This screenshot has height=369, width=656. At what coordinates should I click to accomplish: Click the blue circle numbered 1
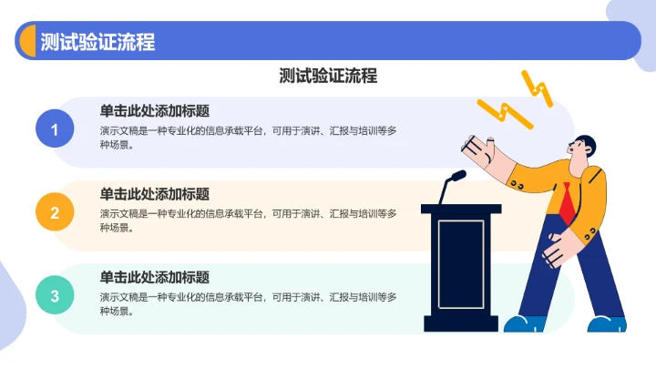tap(55, 129)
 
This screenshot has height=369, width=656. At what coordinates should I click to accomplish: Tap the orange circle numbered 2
tap(55, 213)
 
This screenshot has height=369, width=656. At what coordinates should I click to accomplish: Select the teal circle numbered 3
tap(55, 295)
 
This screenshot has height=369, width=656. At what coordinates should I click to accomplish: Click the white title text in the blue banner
tap(97, 41)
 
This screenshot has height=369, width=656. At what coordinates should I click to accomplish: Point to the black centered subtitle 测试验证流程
tap(328, 76)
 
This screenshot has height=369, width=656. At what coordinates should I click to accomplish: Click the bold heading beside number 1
tap(155, 111)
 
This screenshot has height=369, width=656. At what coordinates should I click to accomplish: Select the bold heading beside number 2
tap(155, 194)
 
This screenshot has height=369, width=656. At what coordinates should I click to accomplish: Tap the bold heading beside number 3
tap(155, 277)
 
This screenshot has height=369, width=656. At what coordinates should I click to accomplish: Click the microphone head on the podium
tap(457, 175)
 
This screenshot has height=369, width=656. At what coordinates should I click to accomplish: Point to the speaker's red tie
tap(567, 203)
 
